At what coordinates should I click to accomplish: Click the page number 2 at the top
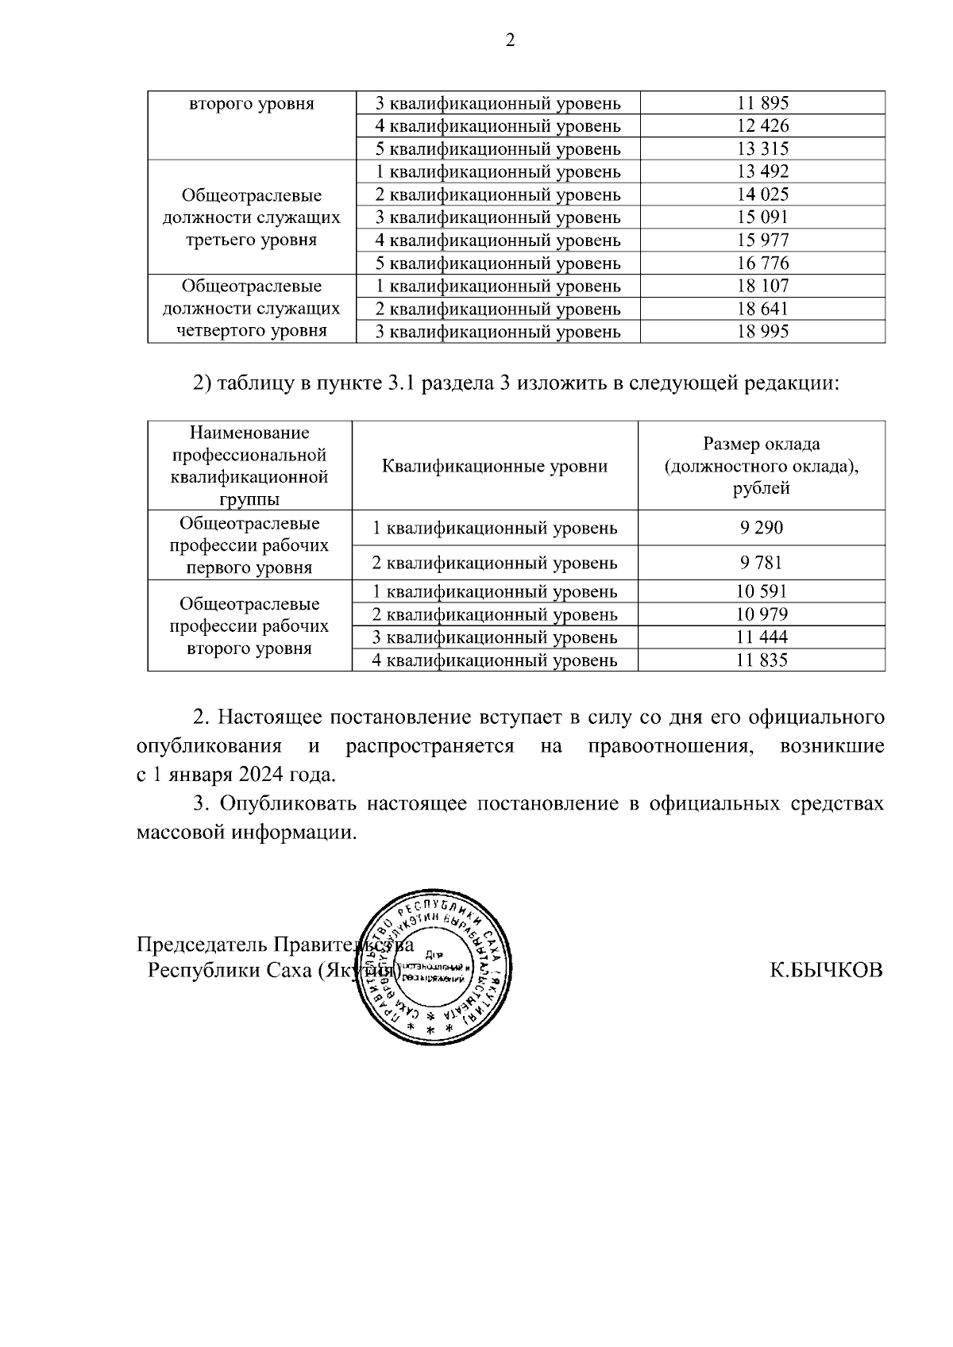(510, 40)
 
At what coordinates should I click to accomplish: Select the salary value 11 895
(762, 103)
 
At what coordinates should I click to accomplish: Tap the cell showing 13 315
(762, 149)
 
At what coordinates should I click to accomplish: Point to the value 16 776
(762, 264)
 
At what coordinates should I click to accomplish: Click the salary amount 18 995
(762, 332)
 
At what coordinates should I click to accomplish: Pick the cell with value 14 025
(762, 194)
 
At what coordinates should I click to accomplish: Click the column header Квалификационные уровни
(495, 466)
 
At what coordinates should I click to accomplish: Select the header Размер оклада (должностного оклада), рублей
(762, 466)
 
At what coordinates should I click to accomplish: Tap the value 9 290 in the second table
(762, 528)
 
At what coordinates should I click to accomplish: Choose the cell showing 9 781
(762, 563)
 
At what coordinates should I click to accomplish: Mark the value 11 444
(762, 637)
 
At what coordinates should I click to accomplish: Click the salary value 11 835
(762, 660)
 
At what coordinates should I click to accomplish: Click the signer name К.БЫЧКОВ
(825, 971)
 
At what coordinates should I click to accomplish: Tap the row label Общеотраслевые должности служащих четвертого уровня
(251, 309)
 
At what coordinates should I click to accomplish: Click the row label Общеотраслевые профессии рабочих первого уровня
(249, 545)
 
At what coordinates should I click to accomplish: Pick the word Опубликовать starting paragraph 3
(287, 804)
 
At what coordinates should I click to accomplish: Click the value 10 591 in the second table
(762, 592)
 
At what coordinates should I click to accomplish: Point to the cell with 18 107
(762, 287)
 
